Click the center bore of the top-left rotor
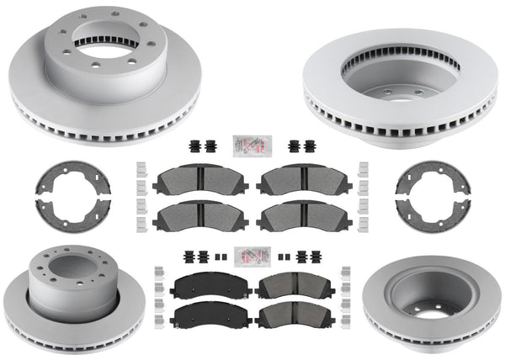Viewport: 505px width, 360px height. [103, 57]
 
